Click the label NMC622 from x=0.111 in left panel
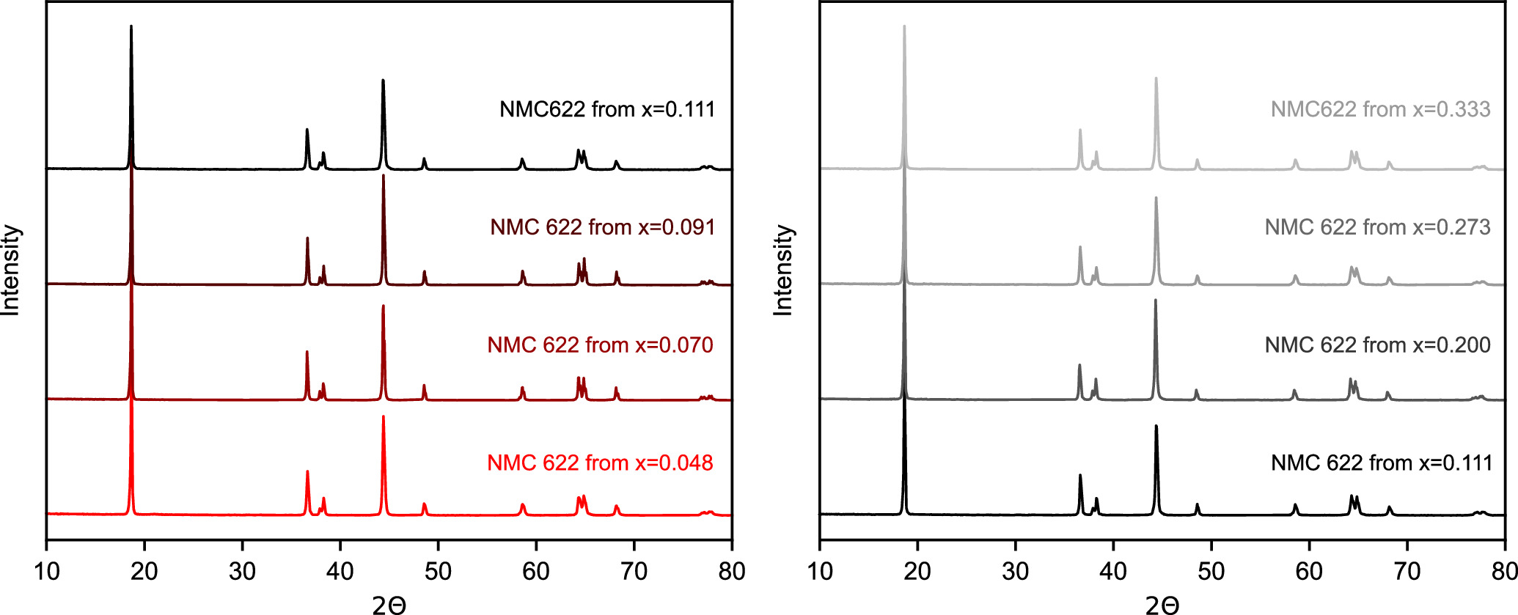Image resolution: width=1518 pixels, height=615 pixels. pyautogui.click(x=606, y=109)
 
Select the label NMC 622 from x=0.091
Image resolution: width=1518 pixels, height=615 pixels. pyautogui.click(x=602, y=227)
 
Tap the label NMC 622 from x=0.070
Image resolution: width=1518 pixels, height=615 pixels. pyautogui.click(x=600, y=345)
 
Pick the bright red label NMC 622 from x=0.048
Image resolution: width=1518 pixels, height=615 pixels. pyautogui.click(x=600, y=463)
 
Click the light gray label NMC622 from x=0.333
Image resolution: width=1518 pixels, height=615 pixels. pyautogui.click(x=1380, y=109)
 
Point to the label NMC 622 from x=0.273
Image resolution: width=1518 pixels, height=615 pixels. pyautogui.click(x=1377, y=227)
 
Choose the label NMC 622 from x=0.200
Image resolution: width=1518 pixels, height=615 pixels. pyautogui.click(x=1377, y=345)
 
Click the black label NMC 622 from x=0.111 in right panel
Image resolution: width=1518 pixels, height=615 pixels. pyautogui.click(x=1382, y=463)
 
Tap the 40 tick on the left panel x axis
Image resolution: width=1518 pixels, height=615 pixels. pyautogui.click(x=340, y=571)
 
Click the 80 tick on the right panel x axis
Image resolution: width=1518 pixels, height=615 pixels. pyautogui.click(x=1503, y=571)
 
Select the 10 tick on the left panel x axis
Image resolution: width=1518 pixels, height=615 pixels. pyautogui.click(x=47, y=571)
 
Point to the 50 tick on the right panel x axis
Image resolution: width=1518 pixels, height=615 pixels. pyautogui.click(x=1211, y=571)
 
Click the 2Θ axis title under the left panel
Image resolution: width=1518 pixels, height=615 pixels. pyautogui.click(x=389, y=605)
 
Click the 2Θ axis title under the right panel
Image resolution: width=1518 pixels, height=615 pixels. pyautogui.click(x=1162, y=605)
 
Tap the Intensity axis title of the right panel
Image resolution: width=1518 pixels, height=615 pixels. pyautogui.click(x=783, y=270)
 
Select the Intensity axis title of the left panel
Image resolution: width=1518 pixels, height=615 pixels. pyautogui.click(x=10, y=270)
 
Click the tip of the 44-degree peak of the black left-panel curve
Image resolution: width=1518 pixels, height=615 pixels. pyautogui.click(x=383, y=81)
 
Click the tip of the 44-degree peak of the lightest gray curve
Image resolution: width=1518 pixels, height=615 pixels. pyautogui.click(x=1156, y=78)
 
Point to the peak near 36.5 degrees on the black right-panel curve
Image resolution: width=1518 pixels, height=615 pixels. pyautogui.click(x=1080, y=476)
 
